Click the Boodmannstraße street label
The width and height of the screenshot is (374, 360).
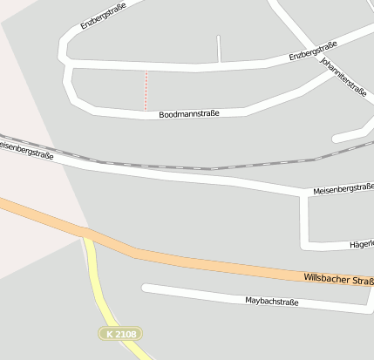point(189,114)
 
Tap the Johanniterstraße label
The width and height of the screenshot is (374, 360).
point(343,78)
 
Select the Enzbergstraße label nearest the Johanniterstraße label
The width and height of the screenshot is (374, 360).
point(313,51)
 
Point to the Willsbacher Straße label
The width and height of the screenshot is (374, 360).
point(338,279)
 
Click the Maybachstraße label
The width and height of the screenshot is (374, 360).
point(272,302)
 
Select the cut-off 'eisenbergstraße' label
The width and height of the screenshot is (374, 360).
point(26,150)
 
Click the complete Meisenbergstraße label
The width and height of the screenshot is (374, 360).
point(343,188)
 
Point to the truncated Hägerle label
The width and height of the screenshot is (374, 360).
point(361,245)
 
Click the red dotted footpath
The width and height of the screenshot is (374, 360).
point(146,90)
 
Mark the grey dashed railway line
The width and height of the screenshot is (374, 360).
point(209,168)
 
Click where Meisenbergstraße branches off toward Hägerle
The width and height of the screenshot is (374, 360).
point(303,196)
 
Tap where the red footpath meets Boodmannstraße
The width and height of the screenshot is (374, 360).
point(146,110)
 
